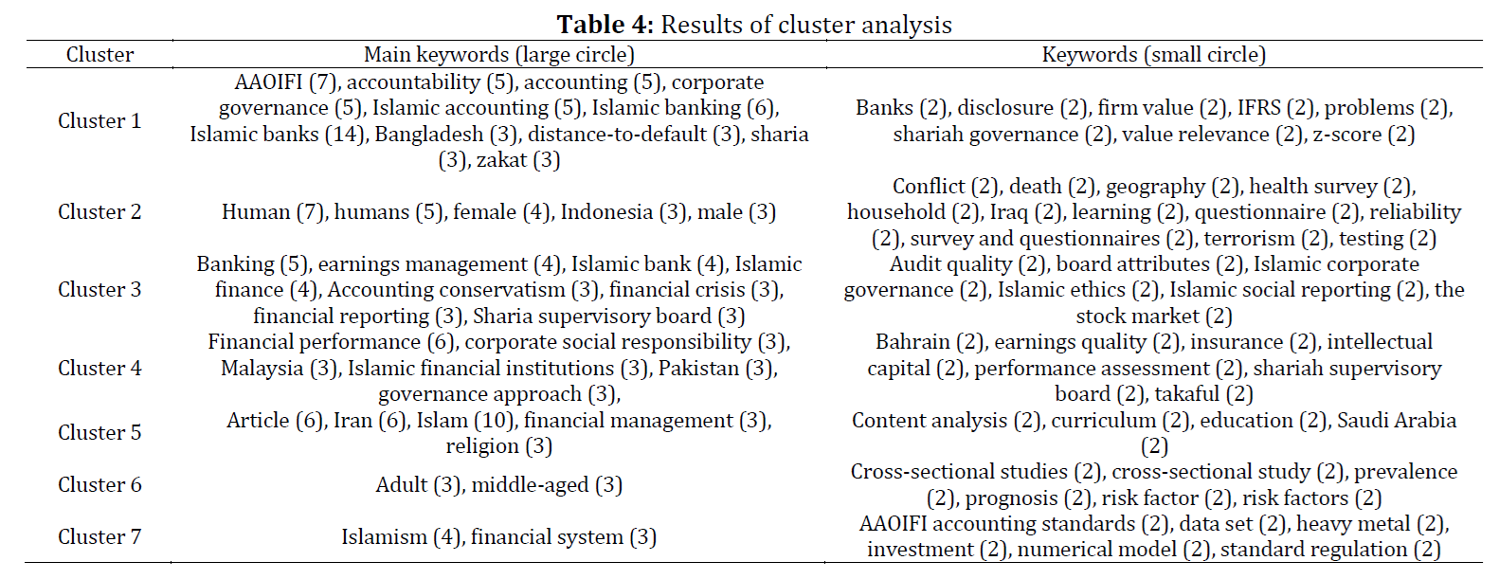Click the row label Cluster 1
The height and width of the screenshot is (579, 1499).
(x=99, y=120)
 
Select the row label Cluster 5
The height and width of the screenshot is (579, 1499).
(x=99, y=432)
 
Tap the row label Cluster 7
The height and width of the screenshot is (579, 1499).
(x=99, y=536)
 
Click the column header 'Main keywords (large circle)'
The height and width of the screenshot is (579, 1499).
(x=499, y=54)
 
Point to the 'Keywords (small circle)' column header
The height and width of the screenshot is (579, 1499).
(x=1154, y=54)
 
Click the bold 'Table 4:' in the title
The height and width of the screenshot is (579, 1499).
(x=605, y=25)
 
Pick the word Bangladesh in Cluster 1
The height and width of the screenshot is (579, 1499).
(x=429, y=134)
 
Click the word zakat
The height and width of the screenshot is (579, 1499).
(x=501, y=160)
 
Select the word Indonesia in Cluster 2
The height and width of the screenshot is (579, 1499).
(x=606, y=212)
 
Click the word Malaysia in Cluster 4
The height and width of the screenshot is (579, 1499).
(x=262, y=368)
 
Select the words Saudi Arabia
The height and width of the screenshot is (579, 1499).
(x=1398, y=421)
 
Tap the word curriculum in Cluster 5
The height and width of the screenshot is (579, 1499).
(x=1104, y=421)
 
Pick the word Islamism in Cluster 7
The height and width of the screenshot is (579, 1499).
(x=384, y=536)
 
